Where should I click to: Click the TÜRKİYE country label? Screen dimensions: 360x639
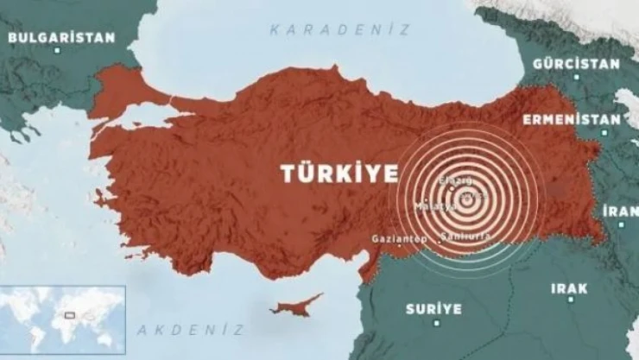coord(339,173)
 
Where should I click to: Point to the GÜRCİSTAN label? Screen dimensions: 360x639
coord(576,64)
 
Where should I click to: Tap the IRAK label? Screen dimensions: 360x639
coord(569,287)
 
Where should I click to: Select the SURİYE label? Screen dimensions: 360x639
coord(433,308)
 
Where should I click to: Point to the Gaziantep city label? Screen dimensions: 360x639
coord(399,238)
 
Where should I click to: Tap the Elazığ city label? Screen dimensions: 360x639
coord(456,180)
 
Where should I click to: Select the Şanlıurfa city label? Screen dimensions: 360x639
coord(465,236)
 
